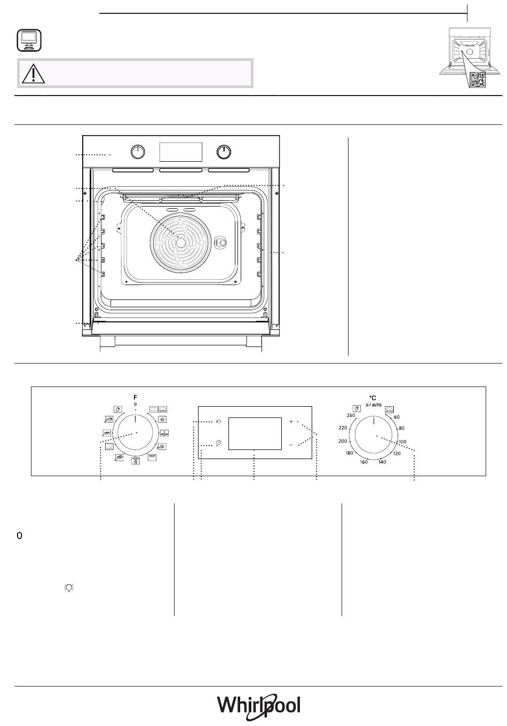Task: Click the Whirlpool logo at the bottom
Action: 258,705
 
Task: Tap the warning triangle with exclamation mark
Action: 34,73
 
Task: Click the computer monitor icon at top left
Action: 29,40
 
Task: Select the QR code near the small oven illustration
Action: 478,80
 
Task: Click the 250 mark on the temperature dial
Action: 351,415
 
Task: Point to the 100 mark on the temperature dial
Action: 402,441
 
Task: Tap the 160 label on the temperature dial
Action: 364,462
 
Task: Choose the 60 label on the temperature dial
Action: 397,417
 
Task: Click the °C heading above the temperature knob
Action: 373,398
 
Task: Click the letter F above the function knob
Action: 136,397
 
